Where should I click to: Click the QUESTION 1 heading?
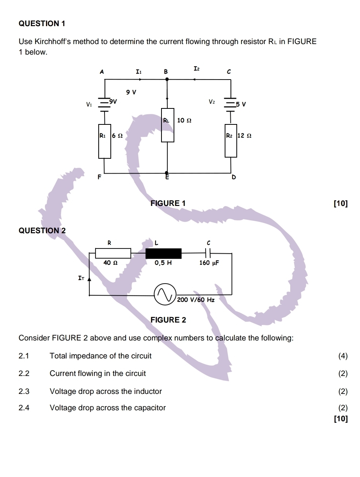[42, 23]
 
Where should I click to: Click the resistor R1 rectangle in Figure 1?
[105, 141]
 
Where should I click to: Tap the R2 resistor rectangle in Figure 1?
[231, 140]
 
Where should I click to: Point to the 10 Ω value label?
[184, 121]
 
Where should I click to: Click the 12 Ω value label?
[244, 135]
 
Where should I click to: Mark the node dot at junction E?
[167, 173]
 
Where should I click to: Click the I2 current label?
[196, 69]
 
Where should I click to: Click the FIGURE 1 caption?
[168, 203]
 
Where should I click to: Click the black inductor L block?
[163, 254]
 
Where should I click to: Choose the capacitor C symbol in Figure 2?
[208, 253]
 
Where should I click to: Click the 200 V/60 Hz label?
[195, 300]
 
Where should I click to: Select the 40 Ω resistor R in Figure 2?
[113, 254]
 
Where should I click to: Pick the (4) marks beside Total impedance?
[343, 356]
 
